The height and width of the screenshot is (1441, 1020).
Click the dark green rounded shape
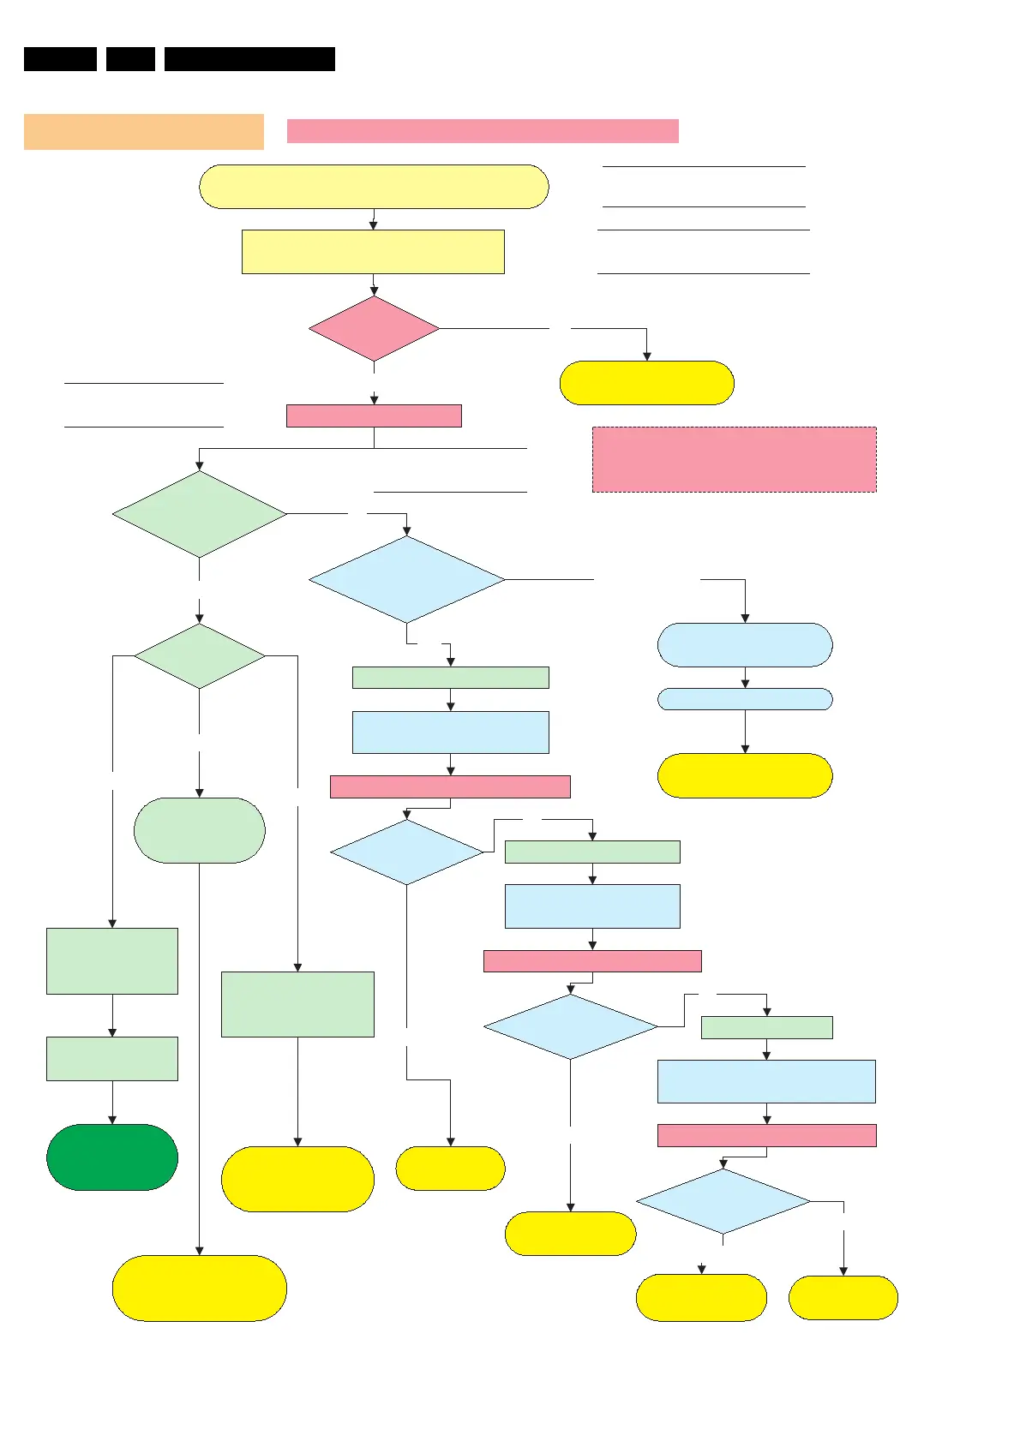coord(112,1157)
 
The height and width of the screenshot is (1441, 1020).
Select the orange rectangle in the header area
coord(144,132)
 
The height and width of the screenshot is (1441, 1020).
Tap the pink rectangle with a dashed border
coord(735,459)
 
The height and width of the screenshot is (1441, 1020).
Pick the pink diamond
coord(374,329)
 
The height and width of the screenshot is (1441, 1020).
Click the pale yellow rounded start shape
coord(374,187)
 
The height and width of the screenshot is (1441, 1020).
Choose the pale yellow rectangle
coord(373,252)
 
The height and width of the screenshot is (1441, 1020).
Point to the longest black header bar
coord(249,59)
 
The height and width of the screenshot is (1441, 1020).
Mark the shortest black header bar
coord(130,59)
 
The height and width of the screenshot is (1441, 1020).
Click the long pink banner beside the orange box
coord(483,131)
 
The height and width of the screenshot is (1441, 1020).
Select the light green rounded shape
coord(200,830)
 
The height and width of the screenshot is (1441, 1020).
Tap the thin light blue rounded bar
coord(745,699)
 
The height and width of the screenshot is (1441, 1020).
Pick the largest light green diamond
coord(200,514)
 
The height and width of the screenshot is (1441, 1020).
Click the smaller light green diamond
coord(200,656)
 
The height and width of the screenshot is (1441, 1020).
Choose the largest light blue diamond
coord(407,579)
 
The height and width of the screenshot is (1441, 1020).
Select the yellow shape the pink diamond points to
coord(647,383)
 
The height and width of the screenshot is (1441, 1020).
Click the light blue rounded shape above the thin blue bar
coord(745,645)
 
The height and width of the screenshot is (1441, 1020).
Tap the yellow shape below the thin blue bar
coord(745,775)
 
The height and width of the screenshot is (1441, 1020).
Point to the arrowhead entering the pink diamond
coord(374,292)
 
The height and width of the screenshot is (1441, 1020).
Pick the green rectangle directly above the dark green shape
coord(112,1059)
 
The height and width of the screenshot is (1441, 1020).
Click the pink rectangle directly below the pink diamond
coord(374,416)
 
